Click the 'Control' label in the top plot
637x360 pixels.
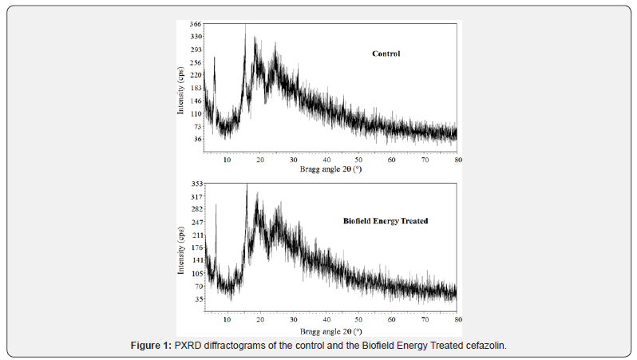(x=386, y=54)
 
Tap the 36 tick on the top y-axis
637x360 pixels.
(x=197, y=139)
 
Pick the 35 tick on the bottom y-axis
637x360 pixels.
(x=197, y=299)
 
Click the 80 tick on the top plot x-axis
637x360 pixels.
(x=457, y=160)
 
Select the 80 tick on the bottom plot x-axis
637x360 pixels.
(x=457, y=320)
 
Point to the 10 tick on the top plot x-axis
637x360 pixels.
(x=227, y=160)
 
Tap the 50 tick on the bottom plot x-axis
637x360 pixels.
(x=358, y=320)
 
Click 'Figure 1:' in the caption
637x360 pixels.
(x=152, y=346)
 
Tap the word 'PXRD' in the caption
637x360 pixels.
(x=188, y=346)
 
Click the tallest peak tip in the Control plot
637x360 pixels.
(x=245, y=26)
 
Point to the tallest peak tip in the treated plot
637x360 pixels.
(x=247, y=184)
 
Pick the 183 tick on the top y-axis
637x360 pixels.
(x=196, y=88)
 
